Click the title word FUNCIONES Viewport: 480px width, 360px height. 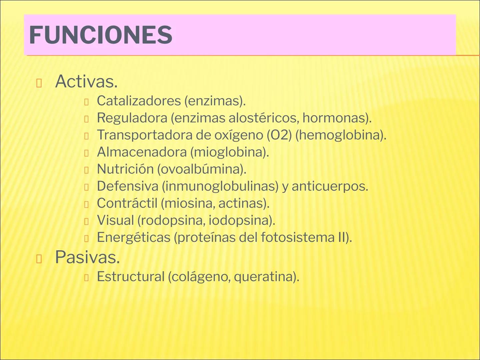100,35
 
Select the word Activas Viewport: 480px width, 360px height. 86,81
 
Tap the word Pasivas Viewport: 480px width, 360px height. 87,257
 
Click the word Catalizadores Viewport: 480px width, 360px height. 138,101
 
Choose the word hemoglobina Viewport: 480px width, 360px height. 340,135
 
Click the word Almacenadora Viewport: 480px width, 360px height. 142,152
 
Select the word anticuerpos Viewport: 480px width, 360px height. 329,186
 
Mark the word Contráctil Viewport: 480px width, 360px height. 127,203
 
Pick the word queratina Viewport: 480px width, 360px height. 265,277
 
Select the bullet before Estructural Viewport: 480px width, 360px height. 86,278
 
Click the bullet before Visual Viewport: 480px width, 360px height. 86,221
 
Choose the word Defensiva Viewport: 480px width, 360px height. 127,186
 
